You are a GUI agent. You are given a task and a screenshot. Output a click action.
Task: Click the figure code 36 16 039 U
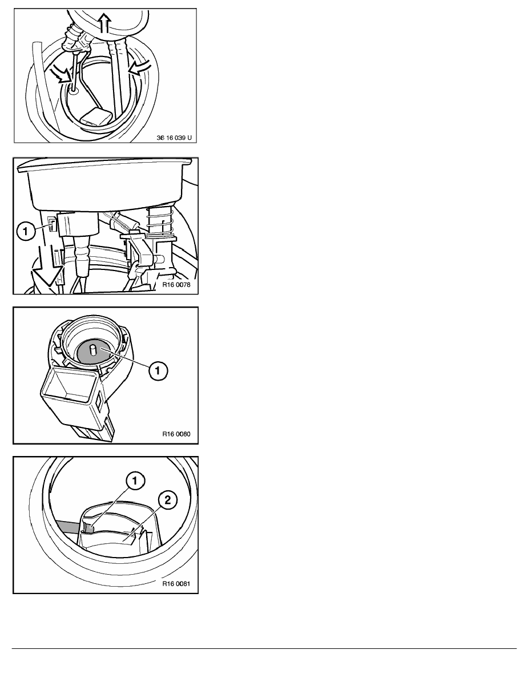click(x=174, y=138)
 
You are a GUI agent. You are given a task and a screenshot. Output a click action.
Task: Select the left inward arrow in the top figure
click(x=61, y=74)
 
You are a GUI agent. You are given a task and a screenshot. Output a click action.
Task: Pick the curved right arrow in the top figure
click(x=140, y=66)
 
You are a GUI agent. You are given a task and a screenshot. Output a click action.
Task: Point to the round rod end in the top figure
click(x=73, y=90)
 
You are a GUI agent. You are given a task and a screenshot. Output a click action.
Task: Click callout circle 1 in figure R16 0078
click(x=26, y=231)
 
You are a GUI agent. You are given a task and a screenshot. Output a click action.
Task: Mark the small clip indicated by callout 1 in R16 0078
click(x=52, y=225)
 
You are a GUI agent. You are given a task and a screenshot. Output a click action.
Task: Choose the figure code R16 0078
click(x=176, y=285)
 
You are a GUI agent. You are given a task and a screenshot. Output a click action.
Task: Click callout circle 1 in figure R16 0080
click(x=158, y=370)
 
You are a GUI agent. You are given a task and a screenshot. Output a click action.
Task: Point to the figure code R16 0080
click(x=176, y=434)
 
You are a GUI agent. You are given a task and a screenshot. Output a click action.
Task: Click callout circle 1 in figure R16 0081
click(x=135, y=481)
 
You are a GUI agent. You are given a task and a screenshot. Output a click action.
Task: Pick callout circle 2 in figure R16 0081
click(x=168, y=500)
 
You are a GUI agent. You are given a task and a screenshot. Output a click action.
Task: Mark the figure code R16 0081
click(x=176, y=583)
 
